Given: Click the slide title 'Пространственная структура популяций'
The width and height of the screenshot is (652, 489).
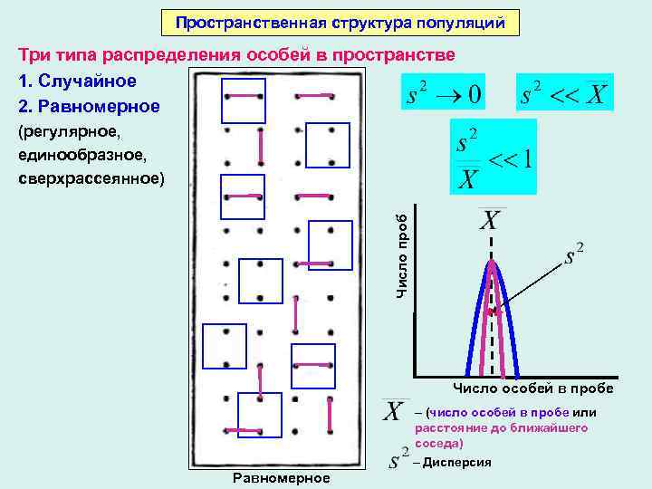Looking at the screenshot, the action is pyautogui.click(x=340, y=21).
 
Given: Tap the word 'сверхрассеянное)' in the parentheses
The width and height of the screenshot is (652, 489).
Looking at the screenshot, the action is pyautogui.click(x=91, y=177).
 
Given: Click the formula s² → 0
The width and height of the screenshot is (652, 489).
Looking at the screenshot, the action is pyautogui.click(x=445, y=93).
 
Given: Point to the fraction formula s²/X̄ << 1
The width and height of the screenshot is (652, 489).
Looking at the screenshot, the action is pyautogui.click(x=494, y=158).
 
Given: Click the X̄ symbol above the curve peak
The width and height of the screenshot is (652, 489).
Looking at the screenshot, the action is pyautogui.click(x=490, y=220).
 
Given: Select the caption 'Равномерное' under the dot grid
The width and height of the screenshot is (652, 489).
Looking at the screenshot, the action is pyautogui.click(x=282, y=477).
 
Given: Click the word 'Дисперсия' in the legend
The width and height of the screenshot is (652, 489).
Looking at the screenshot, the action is pyautogui.click(x=457, y=462).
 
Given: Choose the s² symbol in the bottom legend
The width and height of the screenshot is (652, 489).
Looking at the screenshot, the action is pyautogui.click(x=398, y=458).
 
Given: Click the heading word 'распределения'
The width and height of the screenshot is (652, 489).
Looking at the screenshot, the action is pyautogui.click(x=183, y=55).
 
